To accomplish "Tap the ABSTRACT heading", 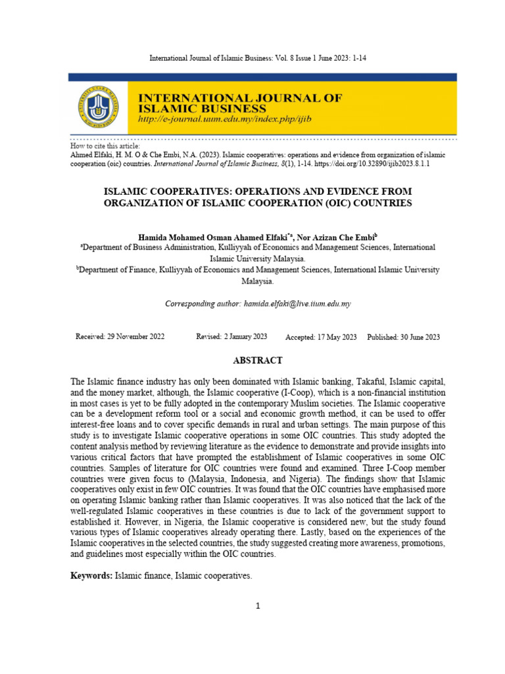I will click(x=258, y=360).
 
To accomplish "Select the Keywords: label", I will click(x=91, y=576).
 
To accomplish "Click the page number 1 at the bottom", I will click(x=258, y=606).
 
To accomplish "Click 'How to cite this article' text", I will click(x=105, y=145).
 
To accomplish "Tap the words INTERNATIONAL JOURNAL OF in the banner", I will click(x=239, y=97).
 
